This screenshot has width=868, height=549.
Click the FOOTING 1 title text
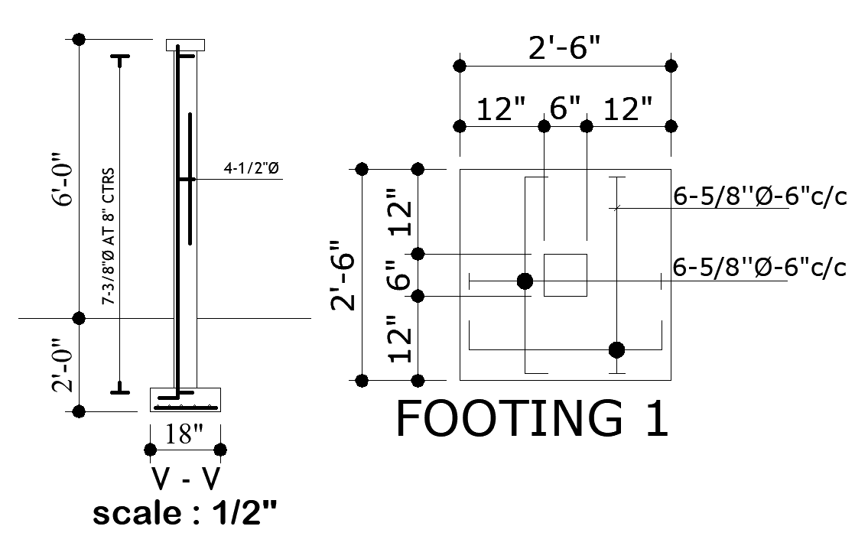[x=532, y=418]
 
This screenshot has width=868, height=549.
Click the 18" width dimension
[x=184, y=434]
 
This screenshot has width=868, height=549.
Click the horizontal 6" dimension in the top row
[x=565, y=110]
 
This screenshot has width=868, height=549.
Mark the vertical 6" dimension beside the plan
[x=396, y=274]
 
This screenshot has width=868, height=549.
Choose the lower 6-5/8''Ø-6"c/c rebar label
[x=759, y=268]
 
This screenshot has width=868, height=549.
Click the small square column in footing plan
[x=565, y=275]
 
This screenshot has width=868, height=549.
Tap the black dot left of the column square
[x=525, y=281]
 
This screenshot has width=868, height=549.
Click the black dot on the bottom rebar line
[x=616, y=350]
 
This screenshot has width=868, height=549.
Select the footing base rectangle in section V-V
[x=185, y=400]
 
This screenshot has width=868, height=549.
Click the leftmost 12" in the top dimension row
[x=501, y=110]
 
